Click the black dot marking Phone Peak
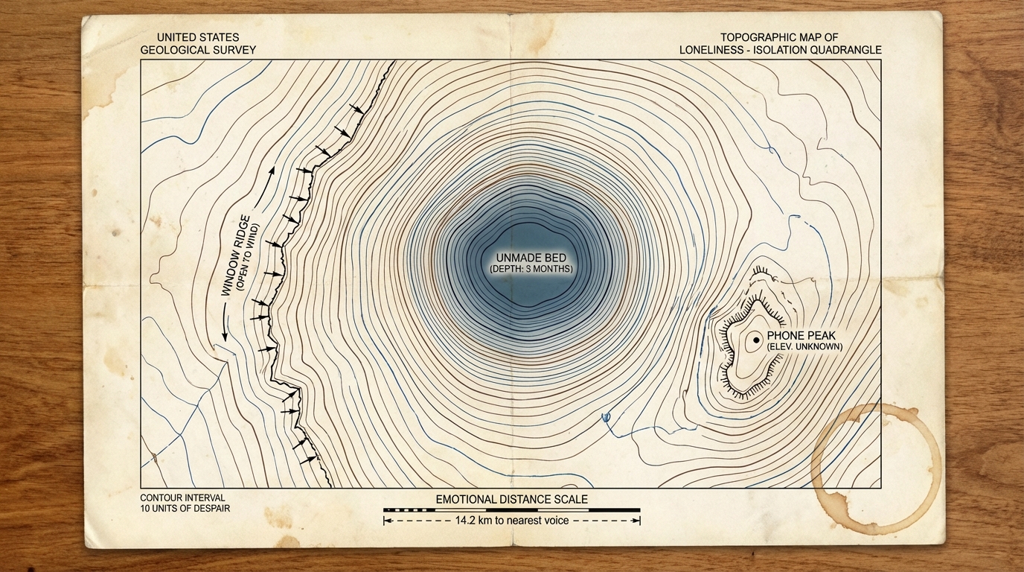point(756,340)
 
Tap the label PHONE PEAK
point(801,336)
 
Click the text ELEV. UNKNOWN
point(804,347)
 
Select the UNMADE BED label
point(531,257)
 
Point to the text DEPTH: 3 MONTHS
point(531,268)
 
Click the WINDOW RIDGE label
point(239,258)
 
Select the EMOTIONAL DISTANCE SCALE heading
point(511,499)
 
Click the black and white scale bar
point(511,510)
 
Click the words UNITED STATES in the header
point(198,37)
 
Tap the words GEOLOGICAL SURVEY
point(198,50)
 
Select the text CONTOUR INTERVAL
point(182,498)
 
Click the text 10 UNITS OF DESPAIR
point(185,509)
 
